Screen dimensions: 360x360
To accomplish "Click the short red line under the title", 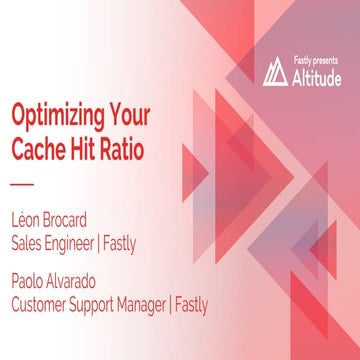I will [21, 185].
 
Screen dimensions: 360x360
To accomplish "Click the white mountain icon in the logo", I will [275, 72].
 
